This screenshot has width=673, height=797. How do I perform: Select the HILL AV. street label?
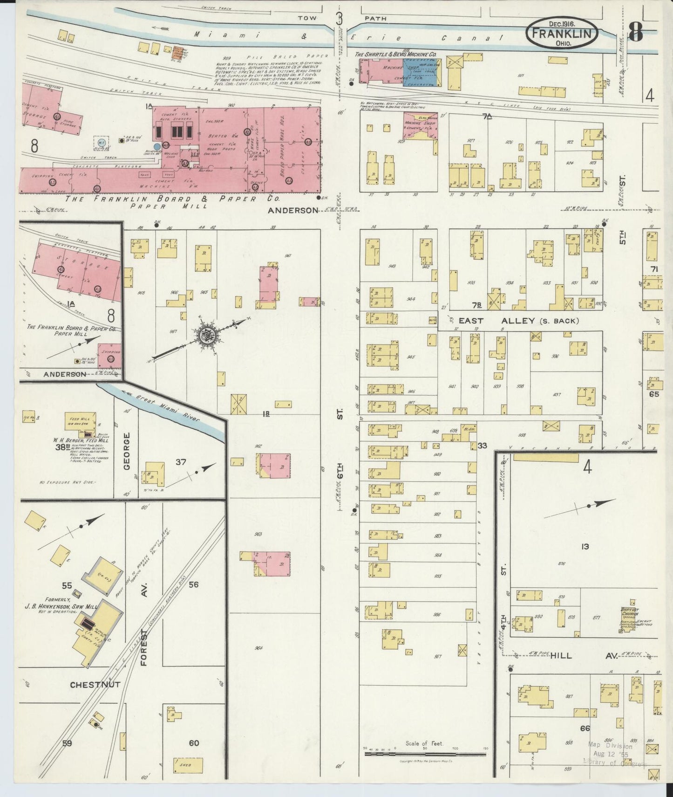coord(582,656)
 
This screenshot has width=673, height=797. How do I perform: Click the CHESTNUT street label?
coord(95,685)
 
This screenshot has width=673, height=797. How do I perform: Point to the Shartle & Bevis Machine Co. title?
coord(396,55)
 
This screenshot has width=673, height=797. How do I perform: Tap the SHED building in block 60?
coord(182,765)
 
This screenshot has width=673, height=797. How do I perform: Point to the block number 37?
coord(181,462)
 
